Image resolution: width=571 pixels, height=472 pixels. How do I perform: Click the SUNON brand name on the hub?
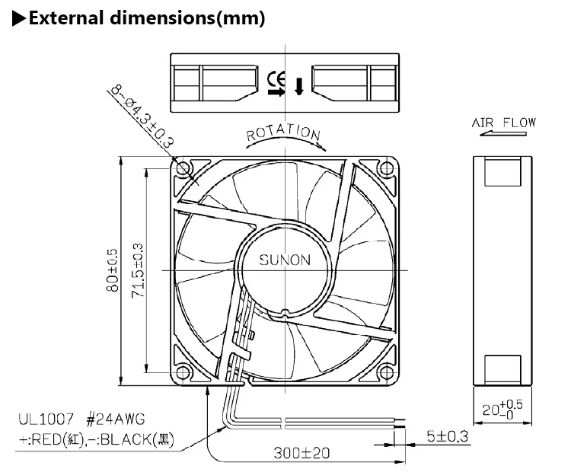pos(285,260)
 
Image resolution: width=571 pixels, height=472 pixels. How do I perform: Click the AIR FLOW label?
pos(503,122)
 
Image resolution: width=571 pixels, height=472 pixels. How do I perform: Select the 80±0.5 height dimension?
pos(113,270)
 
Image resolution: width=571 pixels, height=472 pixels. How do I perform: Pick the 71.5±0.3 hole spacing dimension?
pos(138,270)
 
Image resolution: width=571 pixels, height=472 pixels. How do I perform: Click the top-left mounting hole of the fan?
pos(183,167)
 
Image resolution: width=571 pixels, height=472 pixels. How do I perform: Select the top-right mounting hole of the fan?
pos(388,167)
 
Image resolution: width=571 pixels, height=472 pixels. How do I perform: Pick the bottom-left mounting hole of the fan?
pos(183,373)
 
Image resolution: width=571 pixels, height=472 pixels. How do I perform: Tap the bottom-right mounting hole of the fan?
pos(388,373)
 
